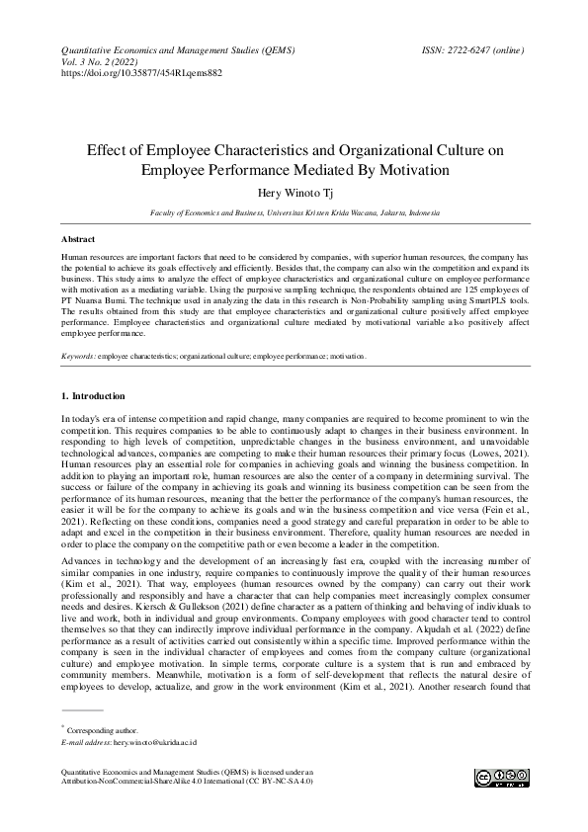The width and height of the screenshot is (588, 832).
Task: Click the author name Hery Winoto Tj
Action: point(294,193)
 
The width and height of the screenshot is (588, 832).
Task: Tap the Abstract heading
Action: point(78,240)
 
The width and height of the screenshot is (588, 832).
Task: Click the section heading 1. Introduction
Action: point(98,396)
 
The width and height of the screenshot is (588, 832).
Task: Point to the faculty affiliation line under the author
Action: point(294,212)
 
